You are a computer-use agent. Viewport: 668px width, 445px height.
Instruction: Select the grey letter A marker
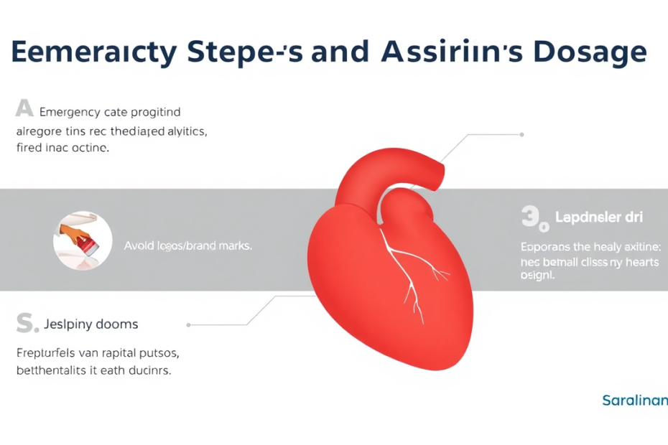24,109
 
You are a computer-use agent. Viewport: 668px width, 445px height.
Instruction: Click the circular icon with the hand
83,240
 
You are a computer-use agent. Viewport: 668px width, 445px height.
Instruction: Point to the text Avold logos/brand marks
187,245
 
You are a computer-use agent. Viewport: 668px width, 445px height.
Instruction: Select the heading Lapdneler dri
599,217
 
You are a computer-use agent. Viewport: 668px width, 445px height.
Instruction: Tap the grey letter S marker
26,324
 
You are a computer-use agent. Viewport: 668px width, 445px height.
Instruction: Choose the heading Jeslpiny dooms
91,324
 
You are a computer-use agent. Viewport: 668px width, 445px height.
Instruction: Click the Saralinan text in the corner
634,400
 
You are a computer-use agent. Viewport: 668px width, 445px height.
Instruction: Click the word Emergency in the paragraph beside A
70,112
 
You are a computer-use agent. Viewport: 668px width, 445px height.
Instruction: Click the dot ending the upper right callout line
521,134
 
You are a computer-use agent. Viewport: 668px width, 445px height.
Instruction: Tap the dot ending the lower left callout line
189,324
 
